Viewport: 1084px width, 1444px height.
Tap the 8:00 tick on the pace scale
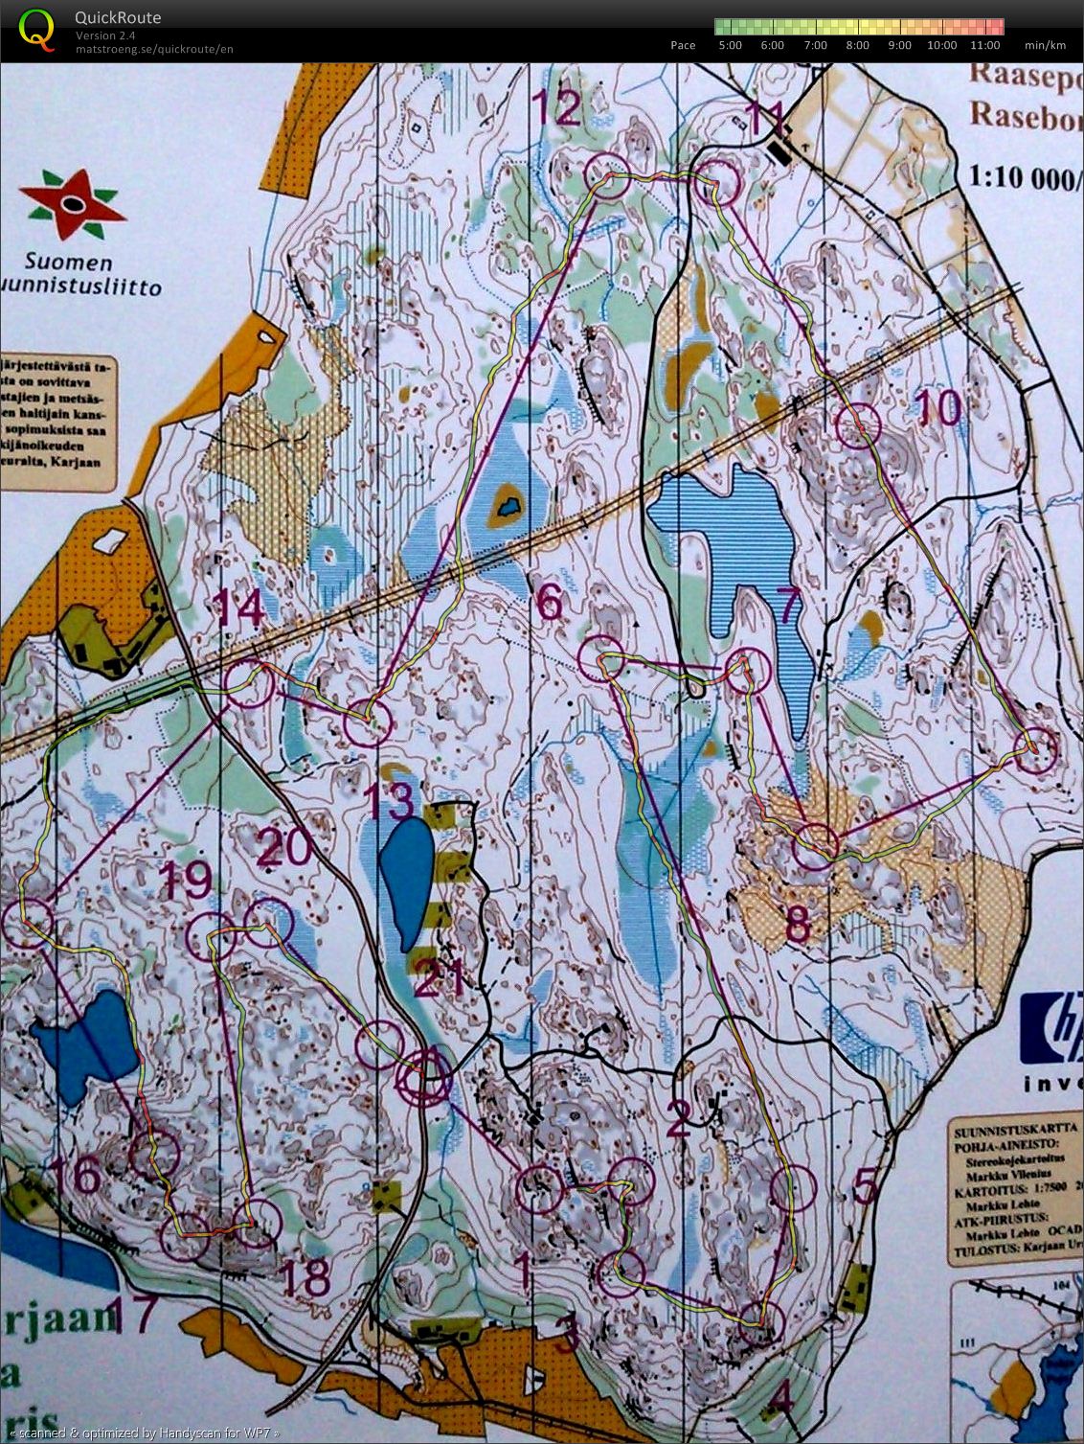click(x=858, y=45)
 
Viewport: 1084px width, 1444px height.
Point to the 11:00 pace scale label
click(x=984, y=45)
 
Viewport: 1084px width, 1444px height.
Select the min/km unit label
click(x=1045, y=45)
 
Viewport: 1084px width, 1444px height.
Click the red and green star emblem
click(x=73, y=203)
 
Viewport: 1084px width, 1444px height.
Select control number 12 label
click(x=557, y=108)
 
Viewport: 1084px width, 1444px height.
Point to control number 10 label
click(x=939, y=408)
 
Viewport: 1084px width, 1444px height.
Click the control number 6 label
click(x=550, y=603)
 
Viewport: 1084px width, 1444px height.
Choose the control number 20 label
click(x=284, y=846)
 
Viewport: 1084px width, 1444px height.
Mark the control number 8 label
click(x=798, y=924)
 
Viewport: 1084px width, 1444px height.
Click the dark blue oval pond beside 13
click(x=407, y=880)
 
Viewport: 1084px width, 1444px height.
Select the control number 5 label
click(x=865, y=1186)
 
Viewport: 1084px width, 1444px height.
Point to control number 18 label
click(x=305, y=1277)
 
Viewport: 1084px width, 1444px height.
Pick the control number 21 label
click(x=440, y=978)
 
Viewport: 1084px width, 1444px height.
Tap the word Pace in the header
click(x=683, y=45)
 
